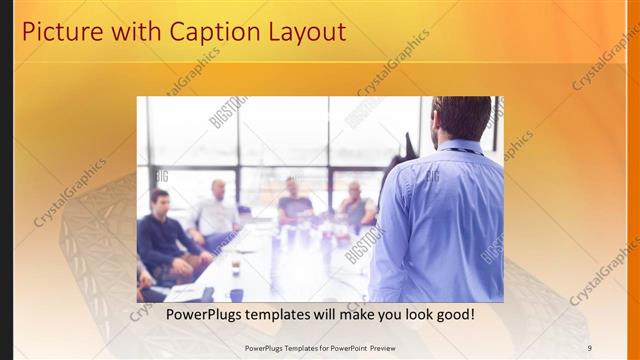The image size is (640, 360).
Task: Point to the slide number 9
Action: pyautogui.click(x=590, y=348)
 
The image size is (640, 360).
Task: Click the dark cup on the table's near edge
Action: pyautogui.click(x=236, y=295)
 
